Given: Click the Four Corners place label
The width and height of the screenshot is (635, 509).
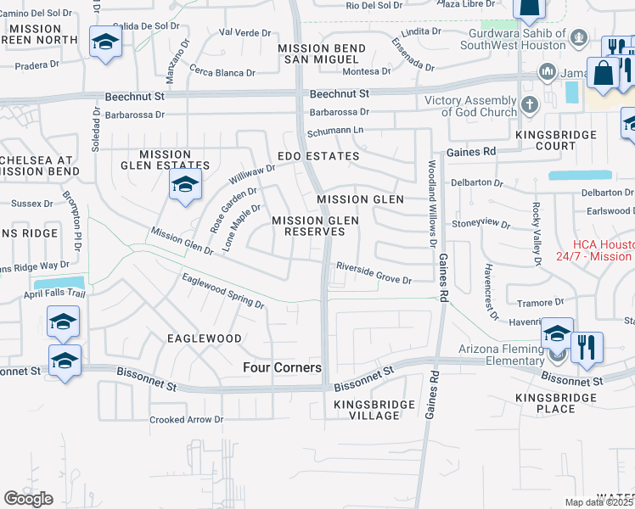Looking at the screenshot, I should (x=282, y=367).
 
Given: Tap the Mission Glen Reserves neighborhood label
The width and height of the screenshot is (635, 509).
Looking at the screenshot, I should (x=315, y=226).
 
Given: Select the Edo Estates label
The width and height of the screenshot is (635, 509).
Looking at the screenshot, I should (x=319, y=156).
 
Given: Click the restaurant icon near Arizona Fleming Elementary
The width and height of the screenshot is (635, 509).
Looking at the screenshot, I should (x=587, y=348).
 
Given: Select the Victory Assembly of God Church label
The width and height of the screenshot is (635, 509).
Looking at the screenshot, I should (x=471, y=106).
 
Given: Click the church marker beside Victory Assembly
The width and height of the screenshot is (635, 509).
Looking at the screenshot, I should (x=530, y=106).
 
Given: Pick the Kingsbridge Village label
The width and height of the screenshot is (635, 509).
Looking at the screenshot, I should (x=367, y=410).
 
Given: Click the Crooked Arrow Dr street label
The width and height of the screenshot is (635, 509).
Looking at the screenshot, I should (x=186, y=419).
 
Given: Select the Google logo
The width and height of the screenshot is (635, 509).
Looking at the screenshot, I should (x=29, y=499).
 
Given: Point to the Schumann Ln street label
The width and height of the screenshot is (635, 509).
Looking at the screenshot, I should (x=334, y=131).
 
